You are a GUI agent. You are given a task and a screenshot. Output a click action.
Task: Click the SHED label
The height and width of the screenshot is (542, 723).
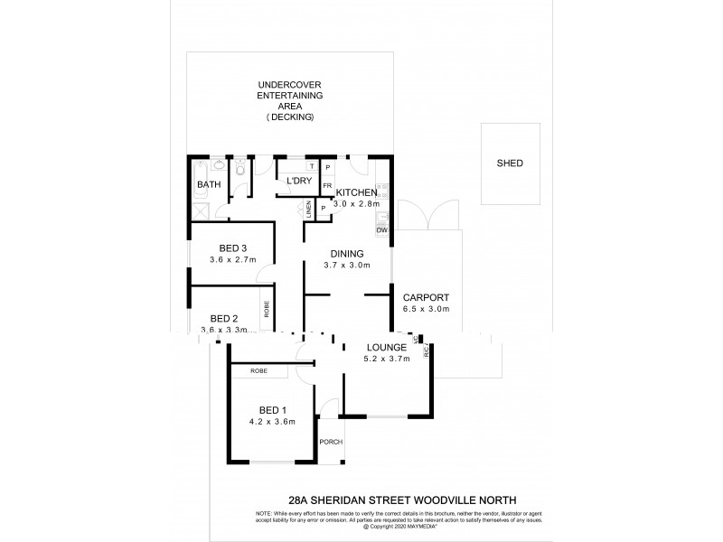pos(510,164)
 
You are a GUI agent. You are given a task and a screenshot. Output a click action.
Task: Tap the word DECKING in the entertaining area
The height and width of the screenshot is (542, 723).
pos(290,117)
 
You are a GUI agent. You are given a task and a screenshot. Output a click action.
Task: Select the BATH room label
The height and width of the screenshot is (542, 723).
pos(209,185)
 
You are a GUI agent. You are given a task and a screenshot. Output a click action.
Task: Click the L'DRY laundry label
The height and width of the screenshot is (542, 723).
pos(298,182)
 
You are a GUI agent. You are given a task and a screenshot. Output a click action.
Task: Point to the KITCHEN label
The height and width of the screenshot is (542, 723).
pos(359,193)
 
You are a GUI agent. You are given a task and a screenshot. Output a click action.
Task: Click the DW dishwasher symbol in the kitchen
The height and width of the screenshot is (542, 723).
pos(382,230)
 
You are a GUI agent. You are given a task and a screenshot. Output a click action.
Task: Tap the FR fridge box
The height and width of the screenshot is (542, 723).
pos(327,186)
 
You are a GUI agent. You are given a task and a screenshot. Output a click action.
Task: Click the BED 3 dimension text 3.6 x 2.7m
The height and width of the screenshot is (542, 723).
pos(232,261)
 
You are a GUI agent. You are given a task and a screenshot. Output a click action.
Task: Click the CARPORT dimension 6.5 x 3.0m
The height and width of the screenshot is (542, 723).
pos(426,309)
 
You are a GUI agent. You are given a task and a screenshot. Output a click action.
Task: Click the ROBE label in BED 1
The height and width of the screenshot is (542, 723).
pos(259,370)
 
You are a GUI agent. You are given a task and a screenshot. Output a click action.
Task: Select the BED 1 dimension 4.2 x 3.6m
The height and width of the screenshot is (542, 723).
pos(272,421)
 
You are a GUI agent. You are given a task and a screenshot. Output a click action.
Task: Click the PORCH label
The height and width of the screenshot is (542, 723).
pos(330,442)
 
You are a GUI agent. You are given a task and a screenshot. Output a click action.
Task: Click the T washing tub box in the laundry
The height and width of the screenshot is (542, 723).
pos(312,166)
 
